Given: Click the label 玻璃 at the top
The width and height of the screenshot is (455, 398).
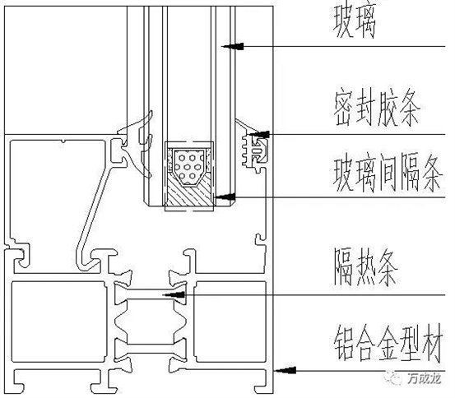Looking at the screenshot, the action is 355,21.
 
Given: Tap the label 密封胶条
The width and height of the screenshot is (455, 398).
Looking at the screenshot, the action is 377,109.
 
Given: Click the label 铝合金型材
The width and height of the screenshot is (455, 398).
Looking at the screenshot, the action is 388,343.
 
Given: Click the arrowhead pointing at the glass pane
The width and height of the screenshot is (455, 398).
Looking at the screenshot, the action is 233,46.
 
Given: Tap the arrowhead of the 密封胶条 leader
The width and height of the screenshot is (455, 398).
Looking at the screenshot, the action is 260,134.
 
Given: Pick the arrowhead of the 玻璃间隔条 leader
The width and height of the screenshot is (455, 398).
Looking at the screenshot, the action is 225,197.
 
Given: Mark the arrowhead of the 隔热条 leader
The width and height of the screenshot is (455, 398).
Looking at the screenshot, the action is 174,295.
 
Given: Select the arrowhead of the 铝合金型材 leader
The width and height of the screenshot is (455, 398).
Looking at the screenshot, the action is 286,370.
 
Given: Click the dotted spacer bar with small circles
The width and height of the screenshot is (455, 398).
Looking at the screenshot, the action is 188,167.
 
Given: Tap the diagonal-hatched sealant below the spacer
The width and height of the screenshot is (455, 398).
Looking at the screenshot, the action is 189,194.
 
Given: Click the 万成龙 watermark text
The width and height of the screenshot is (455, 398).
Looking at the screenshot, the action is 424,378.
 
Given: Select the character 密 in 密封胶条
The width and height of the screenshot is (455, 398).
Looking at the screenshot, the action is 344,109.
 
